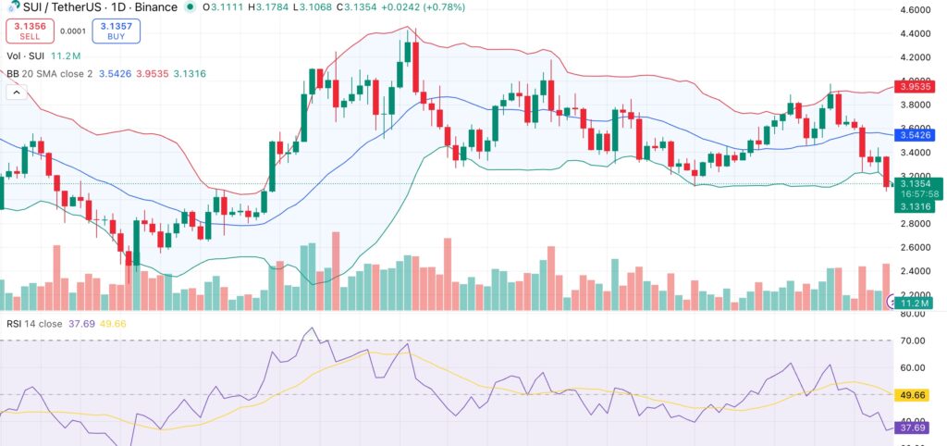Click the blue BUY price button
(x=117, y=31)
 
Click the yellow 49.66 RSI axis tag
(x=914, y=394)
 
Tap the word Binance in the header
(x=153, y=7)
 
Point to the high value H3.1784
(x=260, y=7)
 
